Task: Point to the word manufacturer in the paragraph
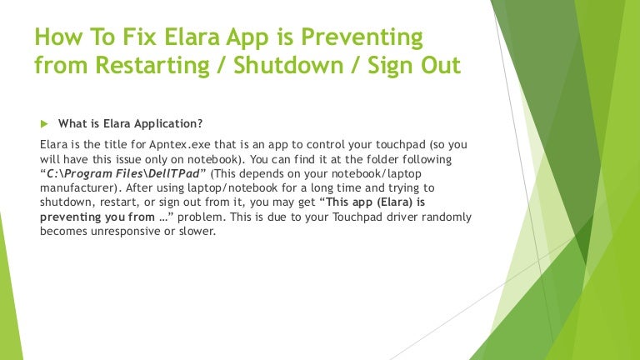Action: click(x=79, y=187)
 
